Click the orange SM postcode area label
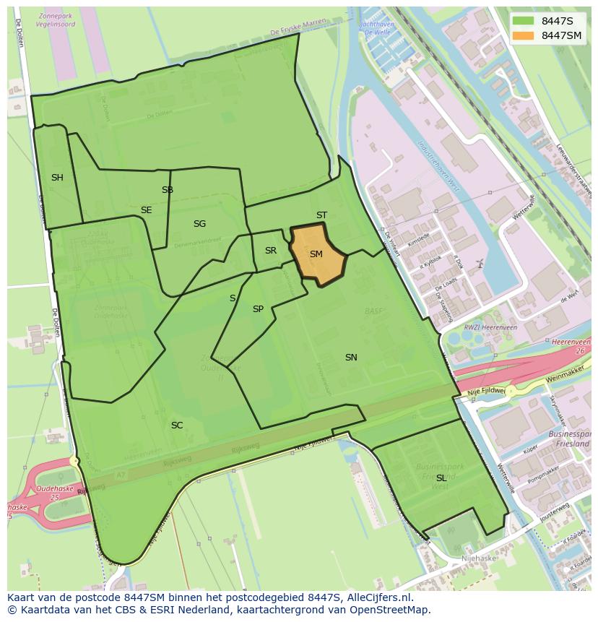[316, 254]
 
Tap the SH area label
[57, 178]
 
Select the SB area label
[168, 190]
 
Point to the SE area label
[147, 210]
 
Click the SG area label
[199, 224]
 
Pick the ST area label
[321, 215]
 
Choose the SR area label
[271, 251]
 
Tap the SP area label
[258, 309]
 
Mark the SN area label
[351, 358]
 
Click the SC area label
[177, 426]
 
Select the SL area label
[441, 478]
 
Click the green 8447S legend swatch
[523, 20]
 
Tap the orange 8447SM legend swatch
[523, 35]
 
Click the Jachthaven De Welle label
[376, 27]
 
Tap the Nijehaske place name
[478, 558]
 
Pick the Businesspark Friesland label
[568, 439]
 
